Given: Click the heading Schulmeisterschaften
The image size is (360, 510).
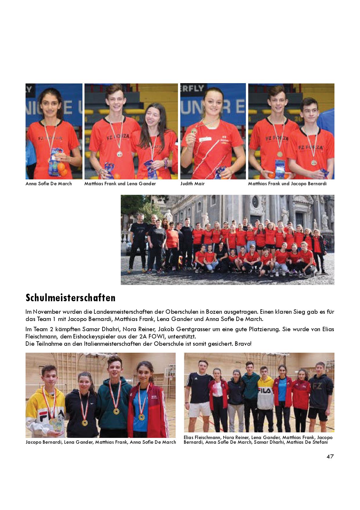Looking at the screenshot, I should (x=71, y=298).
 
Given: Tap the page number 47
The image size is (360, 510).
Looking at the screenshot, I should (x=330, y=456).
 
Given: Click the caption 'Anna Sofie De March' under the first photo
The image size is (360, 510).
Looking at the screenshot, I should (x=48, y=184).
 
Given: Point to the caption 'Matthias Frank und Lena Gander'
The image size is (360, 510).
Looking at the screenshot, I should (x=120, y=184).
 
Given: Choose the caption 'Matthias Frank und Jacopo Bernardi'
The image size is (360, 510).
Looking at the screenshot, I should (x=287, y=184).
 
